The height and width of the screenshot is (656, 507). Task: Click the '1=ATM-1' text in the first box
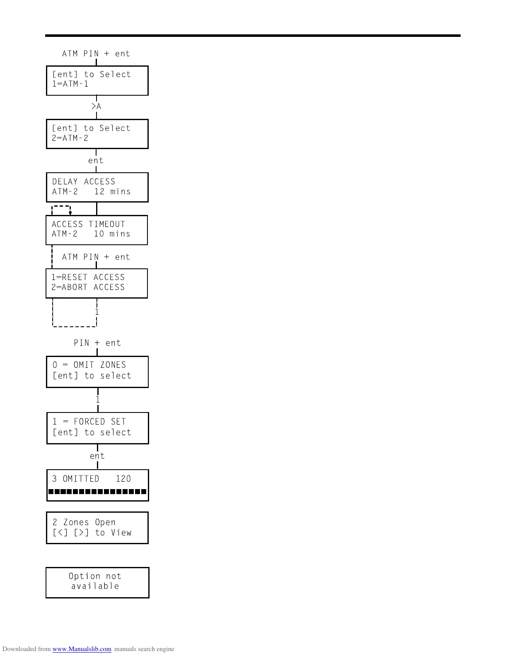tap(70, 84)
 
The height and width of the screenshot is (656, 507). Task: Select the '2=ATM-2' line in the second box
tap(70, 138)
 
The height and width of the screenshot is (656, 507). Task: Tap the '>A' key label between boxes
tap(96, 107)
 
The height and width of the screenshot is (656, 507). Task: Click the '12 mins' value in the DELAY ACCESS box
tap(112, 192)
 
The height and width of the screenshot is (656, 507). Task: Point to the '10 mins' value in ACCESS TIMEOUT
tap(112, 234)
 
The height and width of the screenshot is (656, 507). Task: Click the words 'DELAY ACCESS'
tap(84, 182)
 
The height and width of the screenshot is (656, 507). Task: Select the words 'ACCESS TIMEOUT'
tap(88, 224)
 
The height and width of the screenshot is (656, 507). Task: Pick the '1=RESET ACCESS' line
tap(88, 277)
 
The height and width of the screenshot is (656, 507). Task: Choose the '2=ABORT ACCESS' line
tap(88, 287)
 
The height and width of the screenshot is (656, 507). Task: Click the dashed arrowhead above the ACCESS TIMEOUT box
tap(70, 213)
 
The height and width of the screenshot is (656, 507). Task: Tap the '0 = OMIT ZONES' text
tap(89, 365)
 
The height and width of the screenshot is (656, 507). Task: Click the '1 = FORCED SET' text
tap(89, 422)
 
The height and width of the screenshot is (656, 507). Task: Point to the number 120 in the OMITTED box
tap(123, 479)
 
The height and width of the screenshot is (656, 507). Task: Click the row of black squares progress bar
tap(97, 492)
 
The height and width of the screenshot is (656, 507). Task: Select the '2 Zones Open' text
tap(84, 523)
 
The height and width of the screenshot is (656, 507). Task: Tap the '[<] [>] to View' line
tap(92, 533)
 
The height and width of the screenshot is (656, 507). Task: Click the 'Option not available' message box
tap(97, 582)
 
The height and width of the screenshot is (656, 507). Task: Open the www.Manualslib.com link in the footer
tap(82, 649)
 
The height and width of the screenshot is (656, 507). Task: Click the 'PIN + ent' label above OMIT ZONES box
tap(97, 343)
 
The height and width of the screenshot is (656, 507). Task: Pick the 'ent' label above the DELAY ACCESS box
tap(96, 161)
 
